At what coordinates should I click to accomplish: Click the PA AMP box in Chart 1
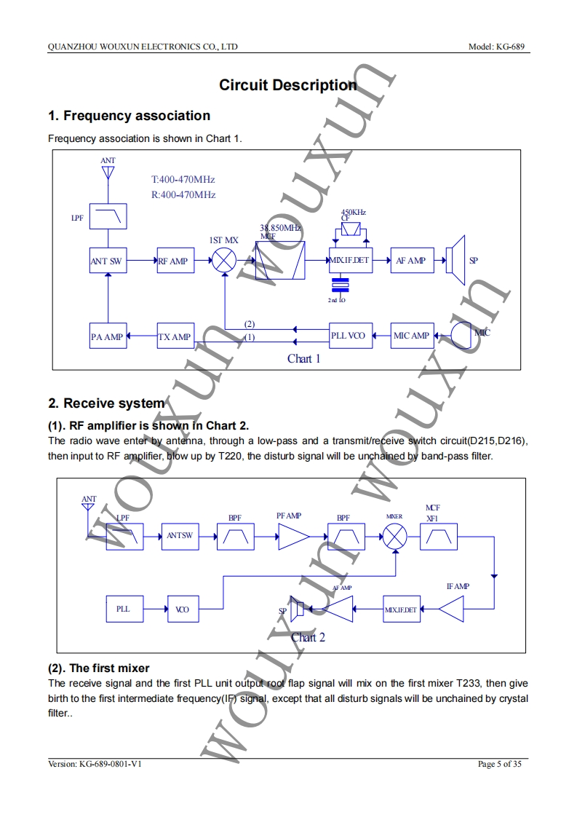coord(107,336)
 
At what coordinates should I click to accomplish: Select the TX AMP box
coord(175,336)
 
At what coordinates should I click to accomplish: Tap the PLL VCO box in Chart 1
coord(349,336)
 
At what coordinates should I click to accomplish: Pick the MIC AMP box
coord(411,336)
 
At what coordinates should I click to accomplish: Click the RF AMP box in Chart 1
coord(175,261)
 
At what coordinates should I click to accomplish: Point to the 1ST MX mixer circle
coord(225,261)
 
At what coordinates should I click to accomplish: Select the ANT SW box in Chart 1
coord(107,261)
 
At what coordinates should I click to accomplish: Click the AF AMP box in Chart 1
coord(411,261)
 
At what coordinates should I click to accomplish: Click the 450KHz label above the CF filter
coord(354,212)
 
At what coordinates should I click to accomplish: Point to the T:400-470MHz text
coord(183,179)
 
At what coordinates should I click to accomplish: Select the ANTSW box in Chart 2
coord(179,535)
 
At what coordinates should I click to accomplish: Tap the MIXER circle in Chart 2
coord(395,537)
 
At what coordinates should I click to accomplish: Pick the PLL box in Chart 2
coord(124,609)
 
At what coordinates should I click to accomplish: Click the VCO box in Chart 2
coord(183,609)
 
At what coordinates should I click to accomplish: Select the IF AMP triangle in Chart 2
coord(452,609)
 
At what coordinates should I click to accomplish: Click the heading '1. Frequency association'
coord(129,116)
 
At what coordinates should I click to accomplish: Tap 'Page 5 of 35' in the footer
coord(499,764)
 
